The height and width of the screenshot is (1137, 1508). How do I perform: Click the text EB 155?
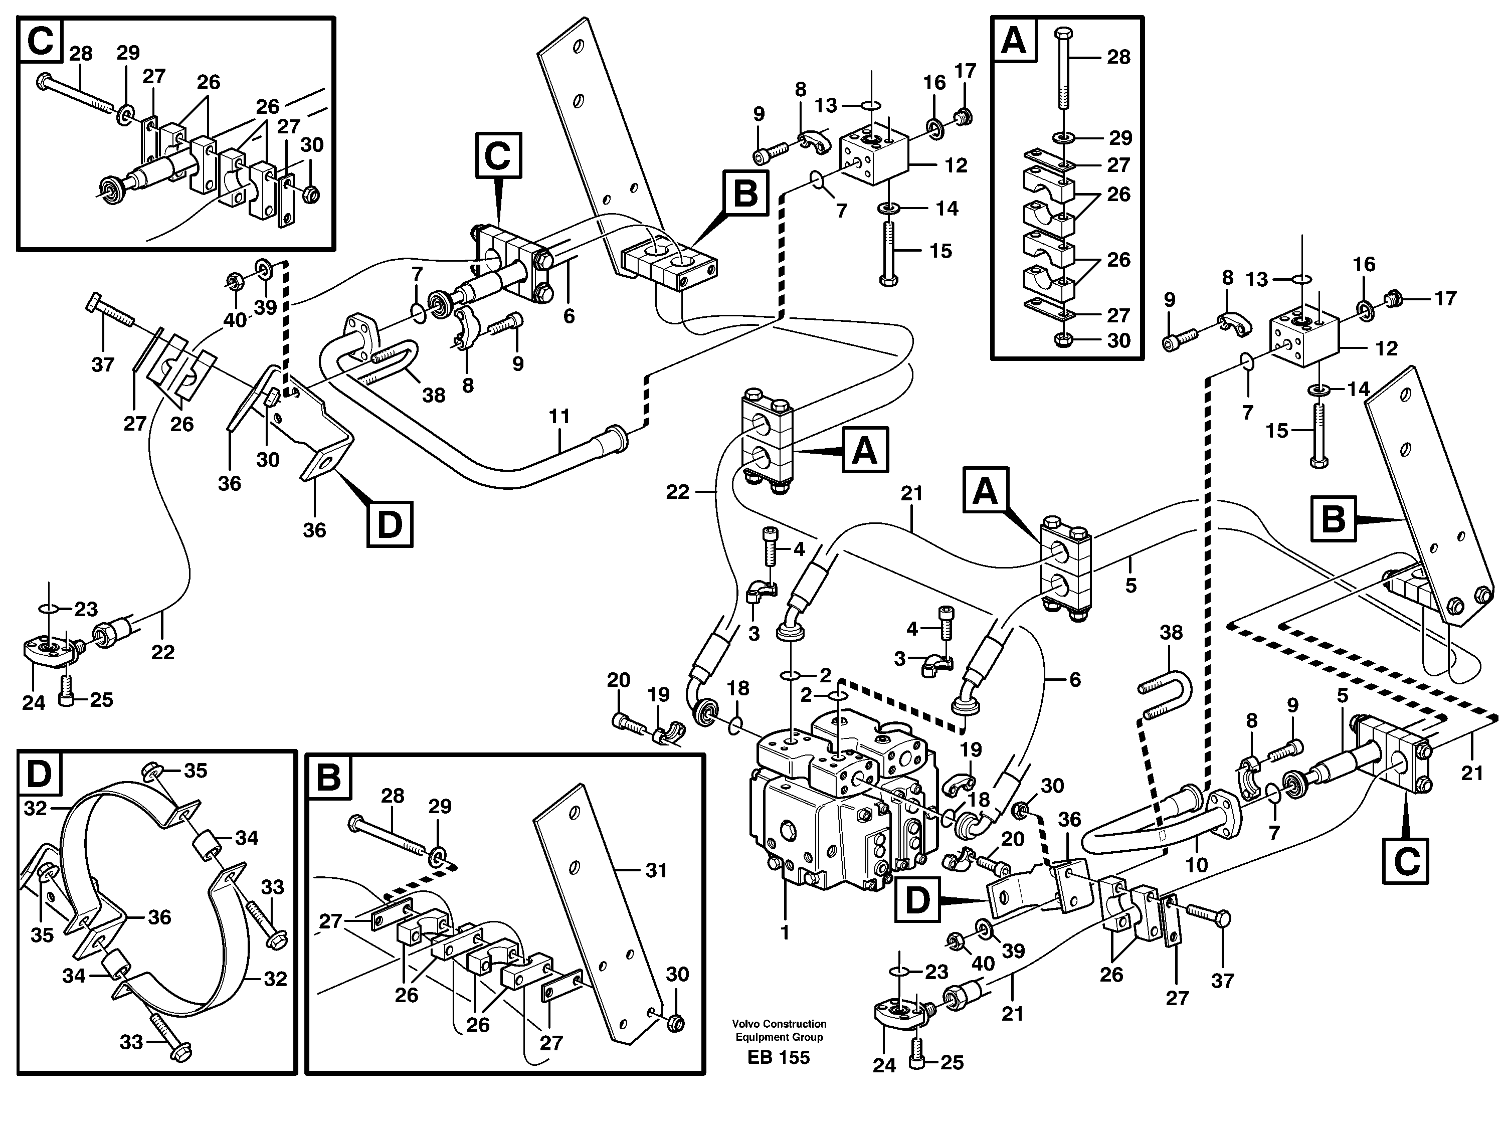pyautogui.click(x=778, y=1057)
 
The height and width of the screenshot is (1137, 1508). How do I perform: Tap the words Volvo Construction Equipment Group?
pyautogui.click(x=779, y=1030)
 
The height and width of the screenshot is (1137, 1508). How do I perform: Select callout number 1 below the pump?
pyautogui.click(x=785, y=932)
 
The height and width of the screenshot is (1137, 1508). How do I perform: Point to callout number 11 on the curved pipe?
pyautogui.click(x=559, y=417)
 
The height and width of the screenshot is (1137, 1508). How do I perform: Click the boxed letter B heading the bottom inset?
pyautogui.click(x=328, y=777)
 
